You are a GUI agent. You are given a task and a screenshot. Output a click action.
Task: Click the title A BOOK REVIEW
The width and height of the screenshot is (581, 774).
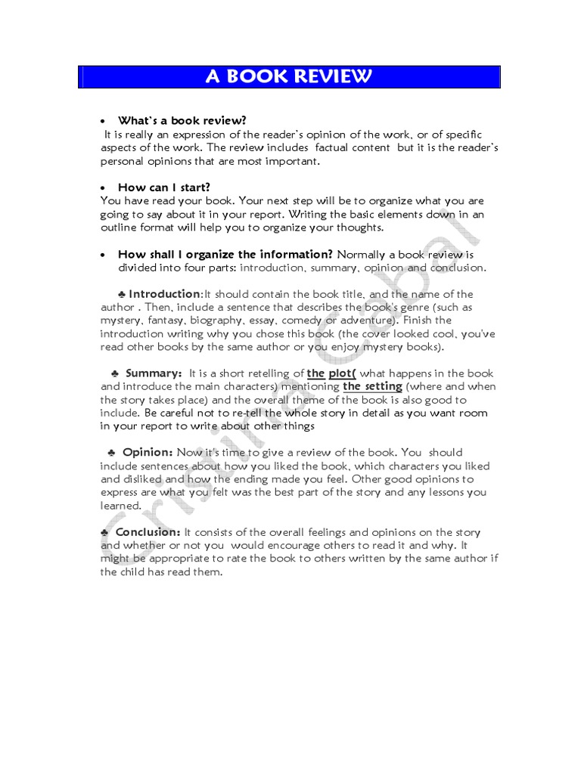[290, 77]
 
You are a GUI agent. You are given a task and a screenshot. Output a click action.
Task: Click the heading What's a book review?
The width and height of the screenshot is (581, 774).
[182, 120]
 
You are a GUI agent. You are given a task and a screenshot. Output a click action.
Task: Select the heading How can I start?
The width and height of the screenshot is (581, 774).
[163, 187]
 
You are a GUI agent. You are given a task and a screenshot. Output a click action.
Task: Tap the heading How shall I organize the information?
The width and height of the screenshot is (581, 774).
[225, 254]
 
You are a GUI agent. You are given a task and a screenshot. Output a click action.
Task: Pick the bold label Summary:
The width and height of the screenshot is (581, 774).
[154, 373]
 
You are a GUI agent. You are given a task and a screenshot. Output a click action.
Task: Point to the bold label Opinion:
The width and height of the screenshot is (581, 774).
[148, 452]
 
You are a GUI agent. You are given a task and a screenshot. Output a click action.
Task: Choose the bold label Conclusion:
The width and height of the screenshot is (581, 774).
[148, 532]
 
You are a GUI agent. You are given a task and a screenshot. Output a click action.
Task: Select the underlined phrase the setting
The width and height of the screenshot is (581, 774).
[372, 386]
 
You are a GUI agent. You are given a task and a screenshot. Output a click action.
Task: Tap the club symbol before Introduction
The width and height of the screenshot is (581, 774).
[122, 294]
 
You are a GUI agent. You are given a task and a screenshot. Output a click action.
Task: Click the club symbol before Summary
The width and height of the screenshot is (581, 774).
[114, 373]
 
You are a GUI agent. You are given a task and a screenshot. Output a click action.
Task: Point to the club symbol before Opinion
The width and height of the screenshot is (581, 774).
[111, 452]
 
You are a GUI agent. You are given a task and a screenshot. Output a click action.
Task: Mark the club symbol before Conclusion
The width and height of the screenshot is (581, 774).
[104, 532]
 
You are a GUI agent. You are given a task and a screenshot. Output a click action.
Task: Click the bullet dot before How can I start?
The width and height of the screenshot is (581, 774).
[103, 187]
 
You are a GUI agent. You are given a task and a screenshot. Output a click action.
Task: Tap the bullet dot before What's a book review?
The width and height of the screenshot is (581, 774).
[103, 121]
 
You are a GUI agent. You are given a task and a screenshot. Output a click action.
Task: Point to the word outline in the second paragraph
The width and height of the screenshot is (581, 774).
[119, 228]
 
